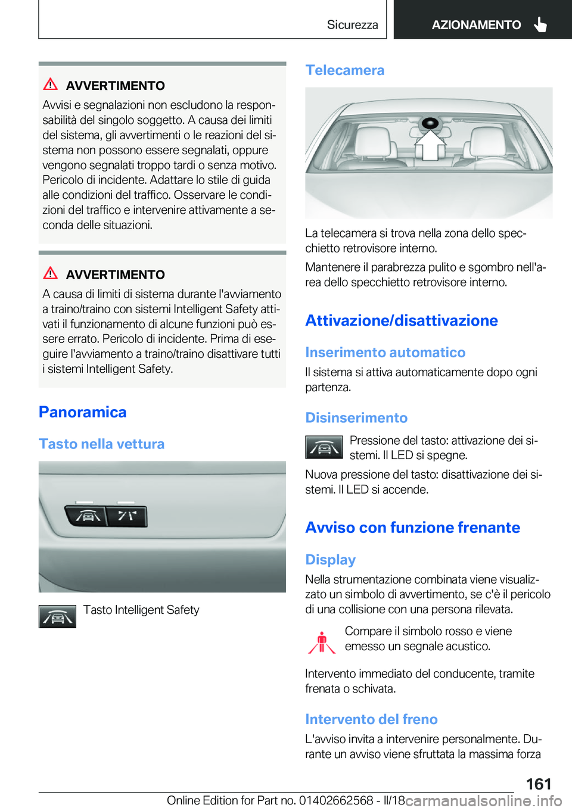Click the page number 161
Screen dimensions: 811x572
[x=538, y=784]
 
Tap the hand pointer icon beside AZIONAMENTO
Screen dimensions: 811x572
[x=540, y=24]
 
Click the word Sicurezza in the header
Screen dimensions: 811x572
[x=352, y=24]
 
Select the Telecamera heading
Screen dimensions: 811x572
[x=344, y=70]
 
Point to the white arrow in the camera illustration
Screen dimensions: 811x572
[x=430, y=145]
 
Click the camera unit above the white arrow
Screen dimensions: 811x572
[x=430, y=124]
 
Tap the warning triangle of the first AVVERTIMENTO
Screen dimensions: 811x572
[x=51, y=85]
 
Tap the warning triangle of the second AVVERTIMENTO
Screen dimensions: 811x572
[x=51, y=273]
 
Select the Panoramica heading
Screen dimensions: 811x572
[x=82, y=412]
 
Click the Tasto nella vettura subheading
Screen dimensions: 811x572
[x=101, y=444]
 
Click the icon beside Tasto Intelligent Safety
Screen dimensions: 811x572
[x=57, y=616]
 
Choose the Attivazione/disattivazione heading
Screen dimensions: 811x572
[x=401, y=320]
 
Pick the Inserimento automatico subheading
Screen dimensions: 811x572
[x=385, y=353]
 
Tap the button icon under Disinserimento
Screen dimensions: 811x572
[x=324, y=447]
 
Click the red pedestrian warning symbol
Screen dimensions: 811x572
[x=322, y=642]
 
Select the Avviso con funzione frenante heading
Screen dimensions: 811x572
[x=412, y=528]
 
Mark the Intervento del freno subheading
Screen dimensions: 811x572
[x=371, y=719]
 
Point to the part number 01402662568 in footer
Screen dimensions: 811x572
[x=336, y=800]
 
